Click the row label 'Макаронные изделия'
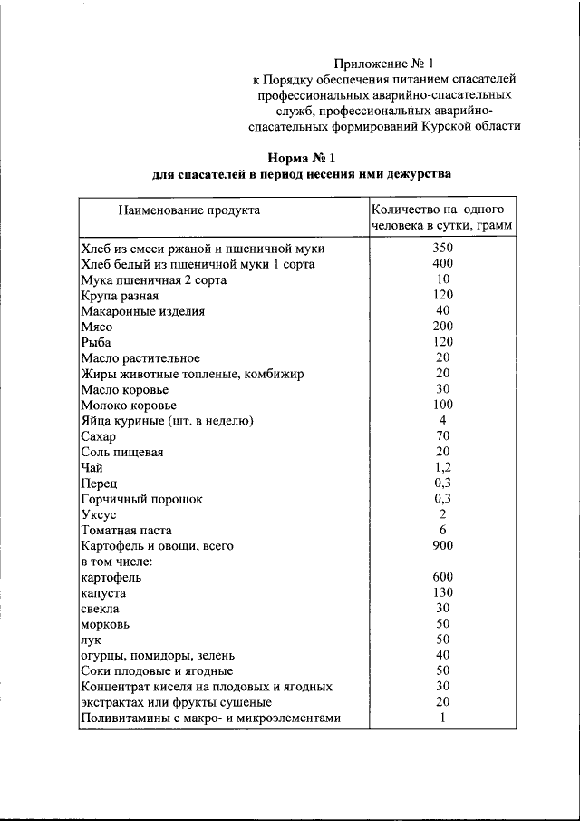point(142,310)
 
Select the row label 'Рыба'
point(95,342)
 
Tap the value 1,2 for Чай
point(442,467)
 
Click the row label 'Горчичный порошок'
point(141,499)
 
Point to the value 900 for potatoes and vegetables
point(442,546)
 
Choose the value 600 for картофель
point(442,577)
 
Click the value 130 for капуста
point(442,592)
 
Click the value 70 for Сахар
point(442,436)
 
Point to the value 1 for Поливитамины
point(442,718)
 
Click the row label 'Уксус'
point(98,514)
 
